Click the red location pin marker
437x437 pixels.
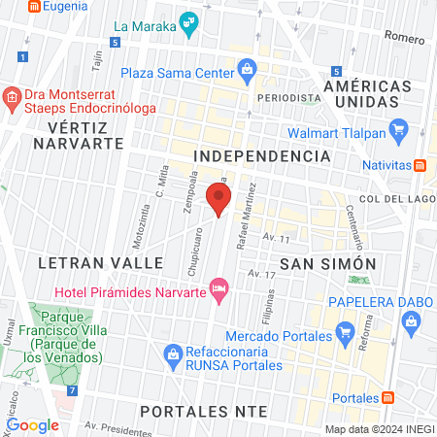(218, 200)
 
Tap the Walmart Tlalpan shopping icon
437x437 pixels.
(396, 129)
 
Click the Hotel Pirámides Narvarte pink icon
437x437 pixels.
(220, 287)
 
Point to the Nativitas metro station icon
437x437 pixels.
(420, 165)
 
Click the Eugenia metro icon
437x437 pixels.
(34, 6)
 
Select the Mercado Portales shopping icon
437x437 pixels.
(344, 337)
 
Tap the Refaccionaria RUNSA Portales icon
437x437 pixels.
(173, 352)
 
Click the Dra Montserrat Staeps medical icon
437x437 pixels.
(12, 97)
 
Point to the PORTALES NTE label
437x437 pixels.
(203, 411)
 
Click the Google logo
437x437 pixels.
(32, 424)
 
